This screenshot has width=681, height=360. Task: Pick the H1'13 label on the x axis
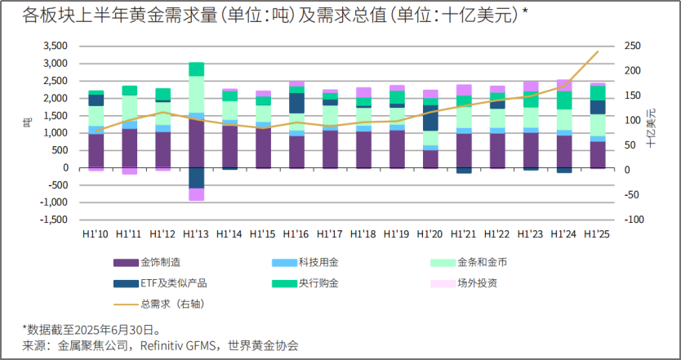click(196, 233)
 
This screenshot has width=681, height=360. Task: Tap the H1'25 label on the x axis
click(598, 233)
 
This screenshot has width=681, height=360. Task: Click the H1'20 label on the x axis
click(430, 233)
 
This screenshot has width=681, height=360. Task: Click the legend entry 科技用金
click(318, 262)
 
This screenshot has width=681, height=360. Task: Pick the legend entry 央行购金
click(318, 282)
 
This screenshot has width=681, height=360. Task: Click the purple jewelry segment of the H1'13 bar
click(196, 143)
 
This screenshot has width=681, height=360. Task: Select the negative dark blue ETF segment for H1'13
click(196, 177)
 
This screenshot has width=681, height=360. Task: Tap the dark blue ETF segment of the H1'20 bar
click(430, 118)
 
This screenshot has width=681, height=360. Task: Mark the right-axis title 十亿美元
click(651, 127)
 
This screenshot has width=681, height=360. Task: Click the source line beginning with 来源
click(160, 345)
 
